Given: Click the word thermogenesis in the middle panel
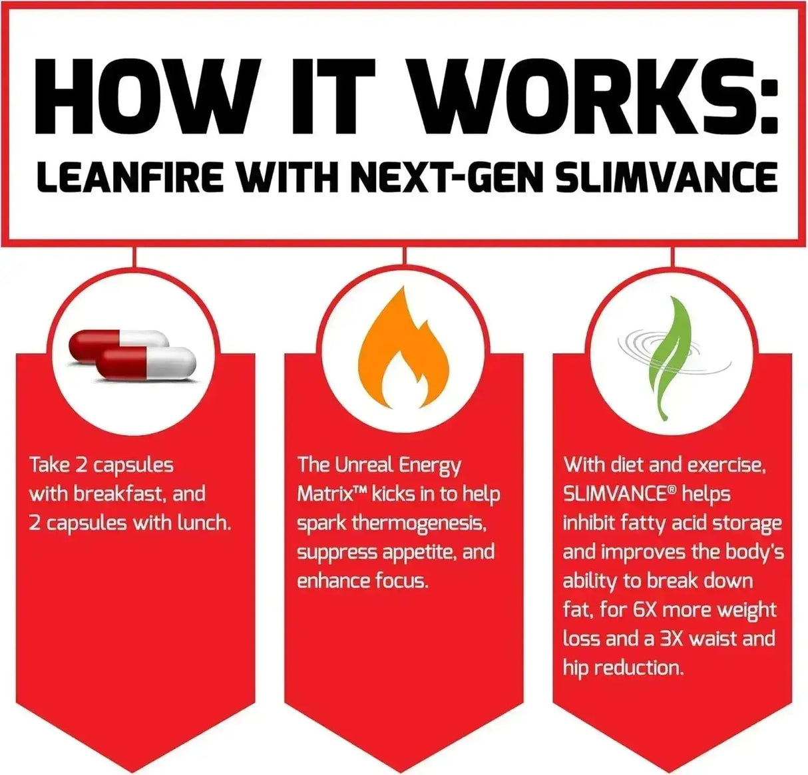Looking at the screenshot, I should point(419,523).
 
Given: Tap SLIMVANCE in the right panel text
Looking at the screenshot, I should point(610,494).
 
